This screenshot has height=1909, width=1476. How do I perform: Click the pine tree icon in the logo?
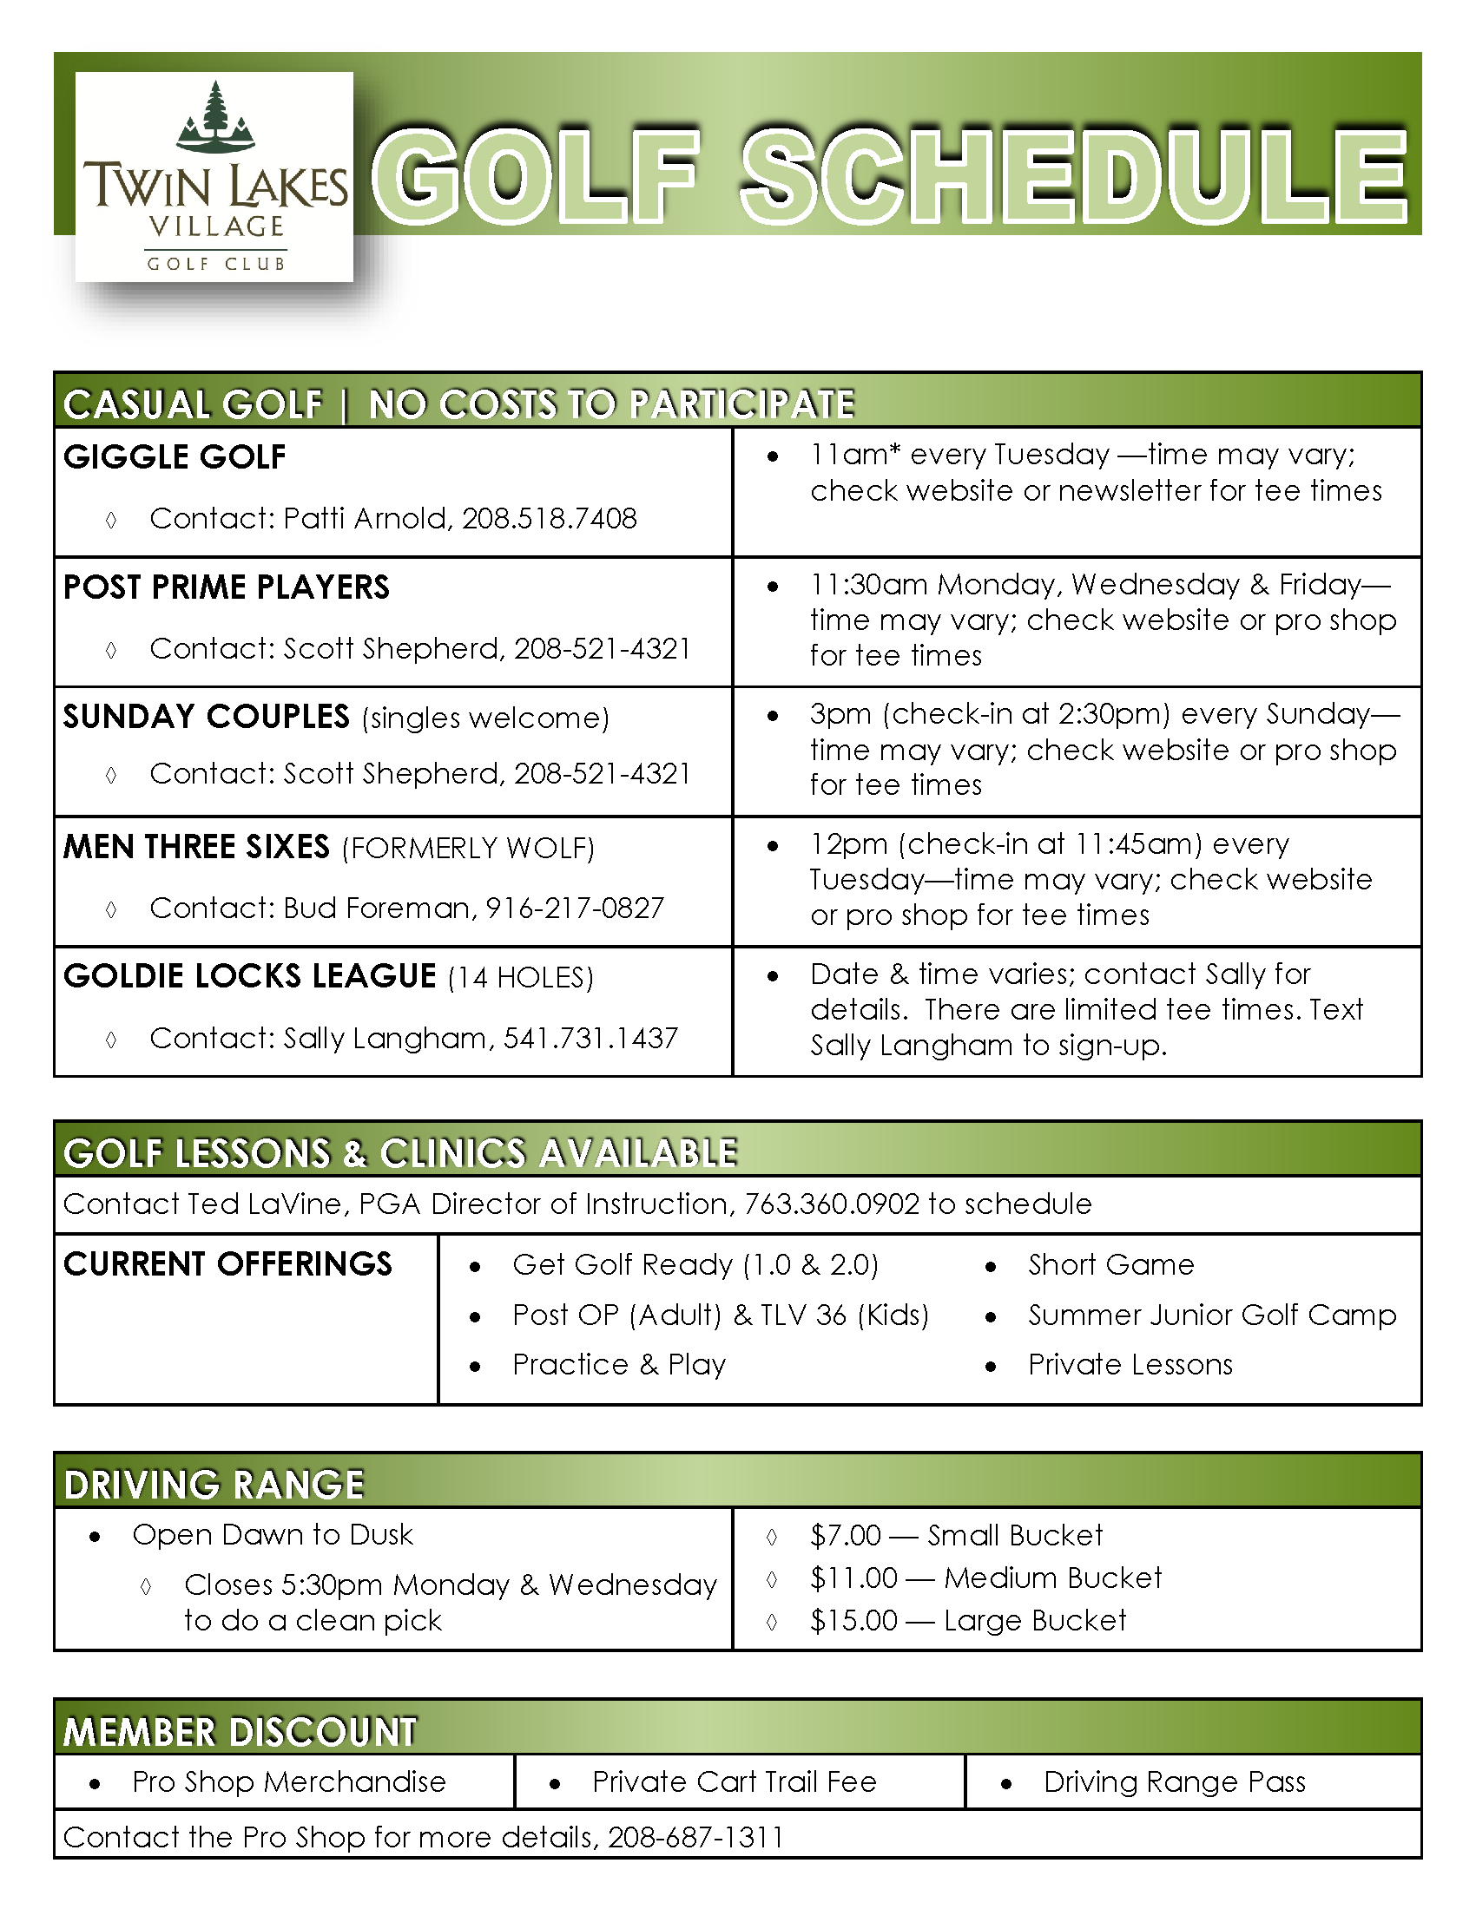(x=215, y=114)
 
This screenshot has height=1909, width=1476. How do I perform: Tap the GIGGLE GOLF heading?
(x=175, y=457)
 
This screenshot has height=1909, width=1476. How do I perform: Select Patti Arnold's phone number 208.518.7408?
(x=549, y=518)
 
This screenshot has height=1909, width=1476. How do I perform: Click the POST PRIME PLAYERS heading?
(x=227, y=587)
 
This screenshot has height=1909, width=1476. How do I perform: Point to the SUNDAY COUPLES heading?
(x=207, y=717)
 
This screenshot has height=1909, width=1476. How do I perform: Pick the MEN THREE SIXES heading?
(x=197, y=847)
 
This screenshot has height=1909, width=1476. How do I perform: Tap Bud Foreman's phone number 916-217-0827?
(x=575, y=909)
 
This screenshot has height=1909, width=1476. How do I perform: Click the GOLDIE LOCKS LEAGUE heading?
(x=250, y=976)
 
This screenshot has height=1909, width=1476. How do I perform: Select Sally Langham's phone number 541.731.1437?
(x=590, y=1039)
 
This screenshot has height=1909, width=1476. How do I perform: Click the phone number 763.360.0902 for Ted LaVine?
(x=832, y=1204)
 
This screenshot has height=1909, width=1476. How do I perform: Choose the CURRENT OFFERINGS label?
(x=228, y=1264)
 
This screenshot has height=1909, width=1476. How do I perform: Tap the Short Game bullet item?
(x=1110, y=1265)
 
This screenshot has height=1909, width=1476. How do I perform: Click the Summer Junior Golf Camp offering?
(x=1212, y=1315)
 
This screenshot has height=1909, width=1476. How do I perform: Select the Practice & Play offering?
(x=619, y=1364)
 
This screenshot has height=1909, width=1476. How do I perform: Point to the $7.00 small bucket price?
(x=846, y=1535)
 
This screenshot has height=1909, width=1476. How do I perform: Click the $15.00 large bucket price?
(x=853, y=1621)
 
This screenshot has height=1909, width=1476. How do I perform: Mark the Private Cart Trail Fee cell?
(x=734, y=1781)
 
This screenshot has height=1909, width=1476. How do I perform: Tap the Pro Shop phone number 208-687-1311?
(x=695, y=1837)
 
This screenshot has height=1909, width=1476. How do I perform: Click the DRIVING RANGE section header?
(x=214, y=1485)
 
